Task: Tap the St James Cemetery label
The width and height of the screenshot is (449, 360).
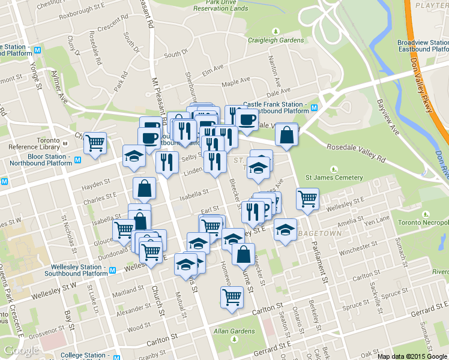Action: [334, 178]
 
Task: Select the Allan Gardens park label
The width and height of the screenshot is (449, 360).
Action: [234, 331]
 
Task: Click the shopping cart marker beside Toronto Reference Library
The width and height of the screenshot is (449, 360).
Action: [95, 143]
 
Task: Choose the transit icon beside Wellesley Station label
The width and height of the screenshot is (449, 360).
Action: [112, 270]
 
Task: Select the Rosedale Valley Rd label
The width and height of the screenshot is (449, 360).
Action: [357, 152]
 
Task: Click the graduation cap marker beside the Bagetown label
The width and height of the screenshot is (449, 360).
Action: [285, 229]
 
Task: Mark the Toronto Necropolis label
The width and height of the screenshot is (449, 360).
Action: [427, 221]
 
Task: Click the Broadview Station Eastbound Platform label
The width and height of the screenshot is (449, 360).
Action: [423, 47]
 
